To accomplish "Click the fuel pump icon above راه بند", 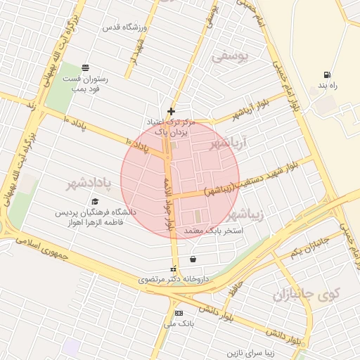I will (327, 75).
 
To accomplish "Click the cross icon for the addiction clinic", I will (171, 111).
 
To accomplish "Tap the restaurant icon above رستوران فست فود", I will (85, 67).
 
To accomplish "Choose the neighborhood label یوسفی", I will (230, 60).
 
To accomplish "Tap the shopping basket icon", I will (193, 259).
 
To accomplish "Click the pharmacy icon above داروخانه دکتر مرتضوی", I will (173, 269).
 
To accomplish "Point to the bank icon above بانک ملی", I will (179, 313).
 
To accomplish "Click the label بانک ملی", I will (182, 323).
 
